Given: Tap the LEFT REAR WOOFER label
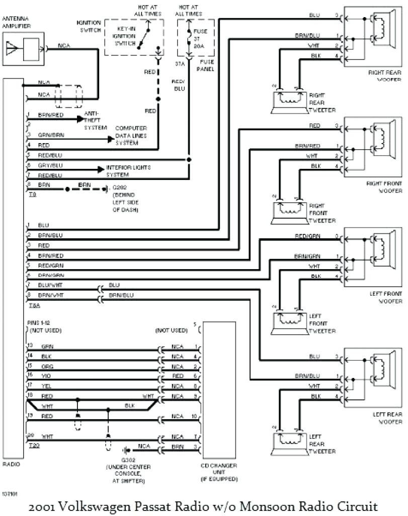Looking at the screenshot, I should click(x=386, y=417).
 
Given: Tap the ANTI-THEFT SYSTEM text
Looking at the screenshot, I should click(x=95, y=121).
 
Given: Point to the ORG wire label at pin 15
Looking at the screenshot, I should click(x=46, y=366).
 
